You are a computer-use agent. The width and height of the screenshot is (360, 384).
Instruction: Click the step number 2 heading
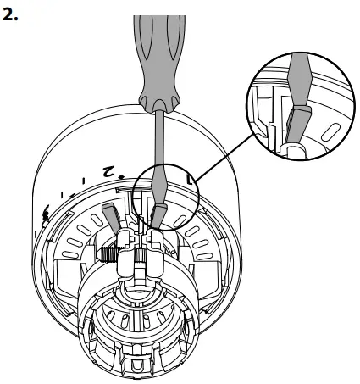(11, 15)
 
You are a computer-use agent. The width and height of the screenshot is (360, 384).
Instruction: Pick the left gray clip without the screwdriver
(109, 215)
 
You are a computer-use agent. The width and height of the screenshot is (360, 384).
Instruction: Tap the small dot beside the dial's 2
(125, 176)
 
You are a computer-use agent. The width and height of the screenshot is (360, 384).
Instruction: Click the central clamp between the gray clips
(136, 254)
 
